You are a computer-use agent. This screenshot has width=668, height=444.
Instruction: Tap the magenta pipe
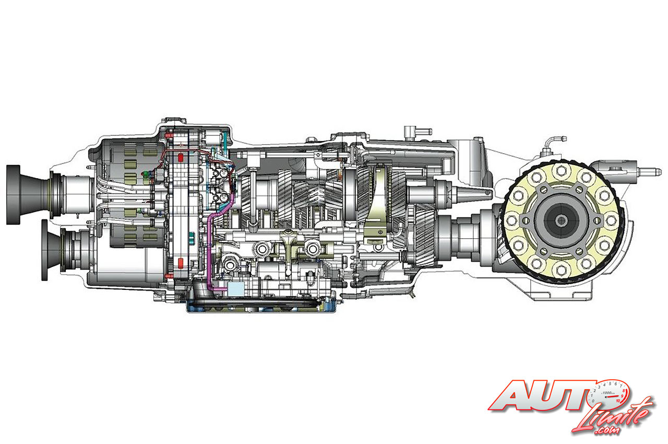[x=210, y=246]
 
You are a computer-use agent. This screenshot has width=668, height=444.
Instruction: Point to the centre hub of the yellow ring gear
[x=562, y=220]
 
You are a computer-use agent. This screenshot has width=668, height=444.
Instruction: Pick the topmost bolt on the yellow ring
[x=562, y=170]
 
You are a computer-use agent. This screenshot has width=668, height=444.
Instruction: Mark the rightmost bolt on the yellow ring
[x=612, y=220]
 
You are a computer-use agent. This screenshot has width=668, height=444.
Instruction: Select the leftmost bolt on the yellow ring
[x=512, y=220]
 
